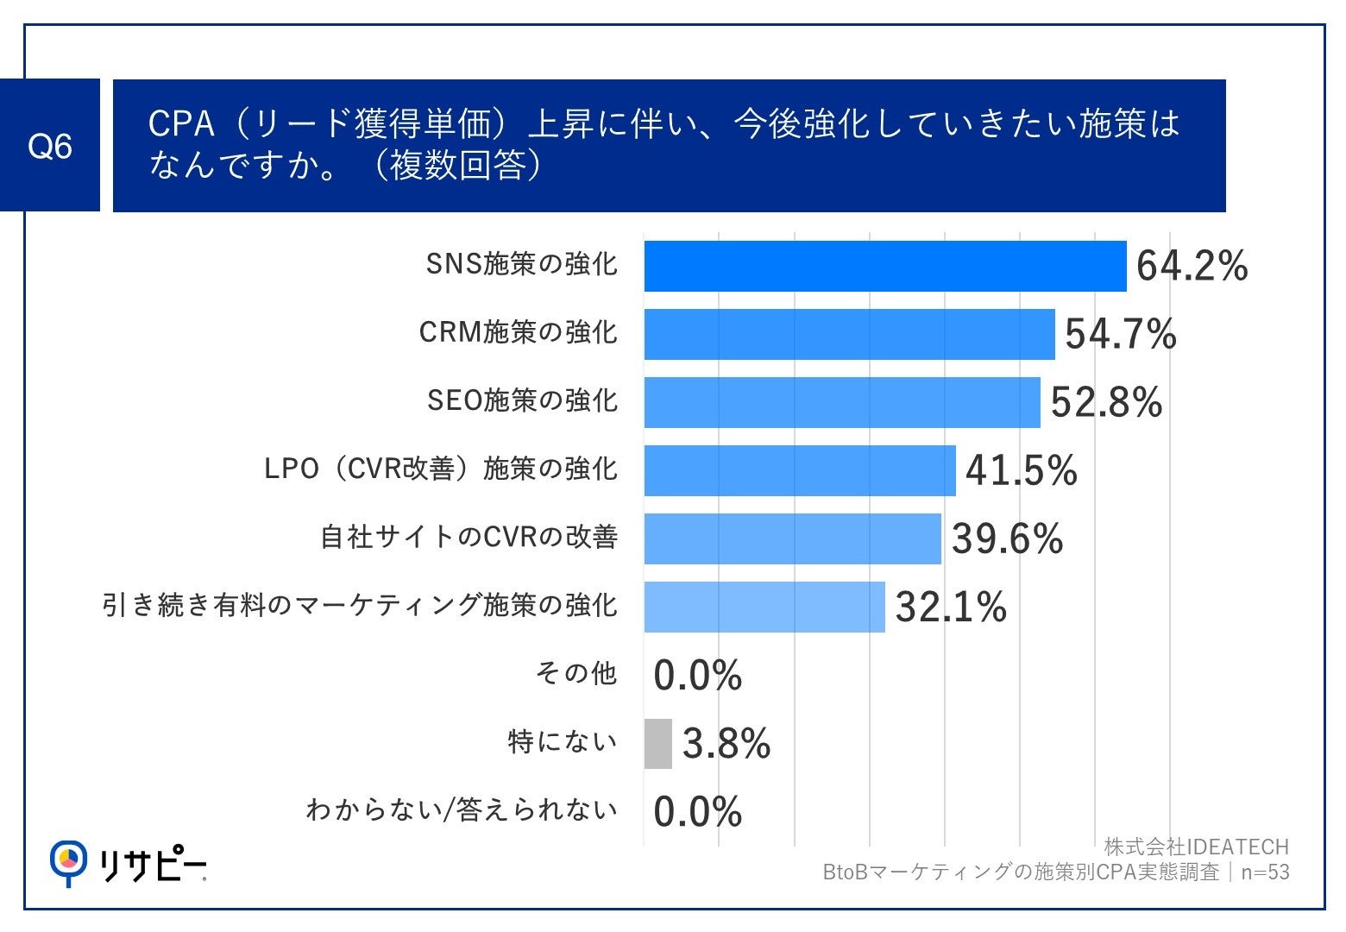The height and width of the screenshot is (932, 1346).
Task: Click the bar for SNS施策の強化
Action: click(884, 266)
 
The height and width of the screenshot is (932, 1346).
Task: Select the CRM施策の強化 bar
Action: click(849, 334)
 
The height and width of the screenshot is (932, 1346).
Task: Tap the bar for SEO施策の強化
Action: click(841, 402)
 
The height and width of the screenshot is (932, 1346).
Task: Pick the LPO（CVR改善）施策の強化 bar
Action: click(800, 470)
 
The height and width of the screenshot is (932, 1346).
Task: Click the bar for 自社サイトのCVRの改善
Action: click(792, 538)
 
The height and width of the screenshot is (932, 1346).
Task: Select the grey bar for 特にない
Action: click(657, 743)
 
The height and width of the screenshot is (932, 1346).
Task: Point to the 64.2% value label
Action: click(1192, 266)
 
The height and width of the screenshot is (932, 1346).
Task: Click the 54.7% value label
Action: click(1120, 334)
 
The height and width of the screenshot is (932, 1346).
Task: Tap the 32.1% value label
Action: click(951, 607)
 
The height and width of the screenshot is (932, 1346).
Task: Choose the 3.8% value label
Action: click(726, 743)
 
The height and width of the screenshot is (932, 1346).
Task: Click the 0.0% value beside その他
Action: click(697, 675)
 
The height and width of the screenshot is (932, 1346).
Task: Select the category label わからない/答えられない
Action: click(462, 810)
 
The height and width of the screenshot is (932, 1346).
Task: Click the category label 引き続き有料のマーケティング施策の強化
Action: click(360, 605)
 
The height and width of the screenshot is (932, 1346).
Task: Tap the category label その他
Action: click(576, 673)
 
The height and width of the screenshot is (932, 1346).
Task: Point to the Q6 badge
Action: click(50, 146)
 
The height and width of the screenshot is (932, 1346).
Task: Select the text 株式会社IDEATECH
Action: click(1196, 847)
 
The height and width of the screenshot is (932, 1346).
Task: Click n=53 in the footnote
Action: click(1265, 872)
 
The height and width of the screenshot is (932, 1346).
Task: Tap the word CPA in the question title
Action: click(181, 124)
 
